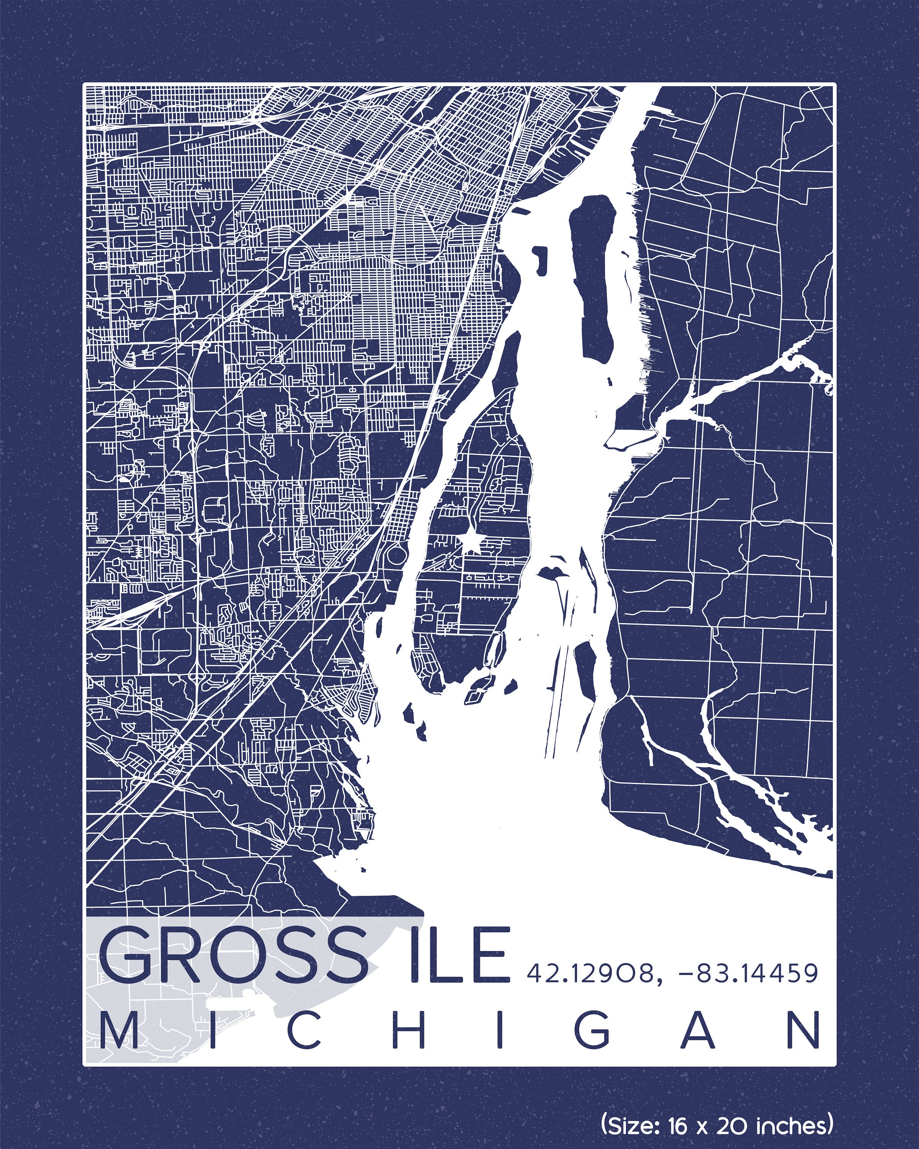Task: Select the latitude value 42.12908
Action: pyautogui.click(x=590, y=973)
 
